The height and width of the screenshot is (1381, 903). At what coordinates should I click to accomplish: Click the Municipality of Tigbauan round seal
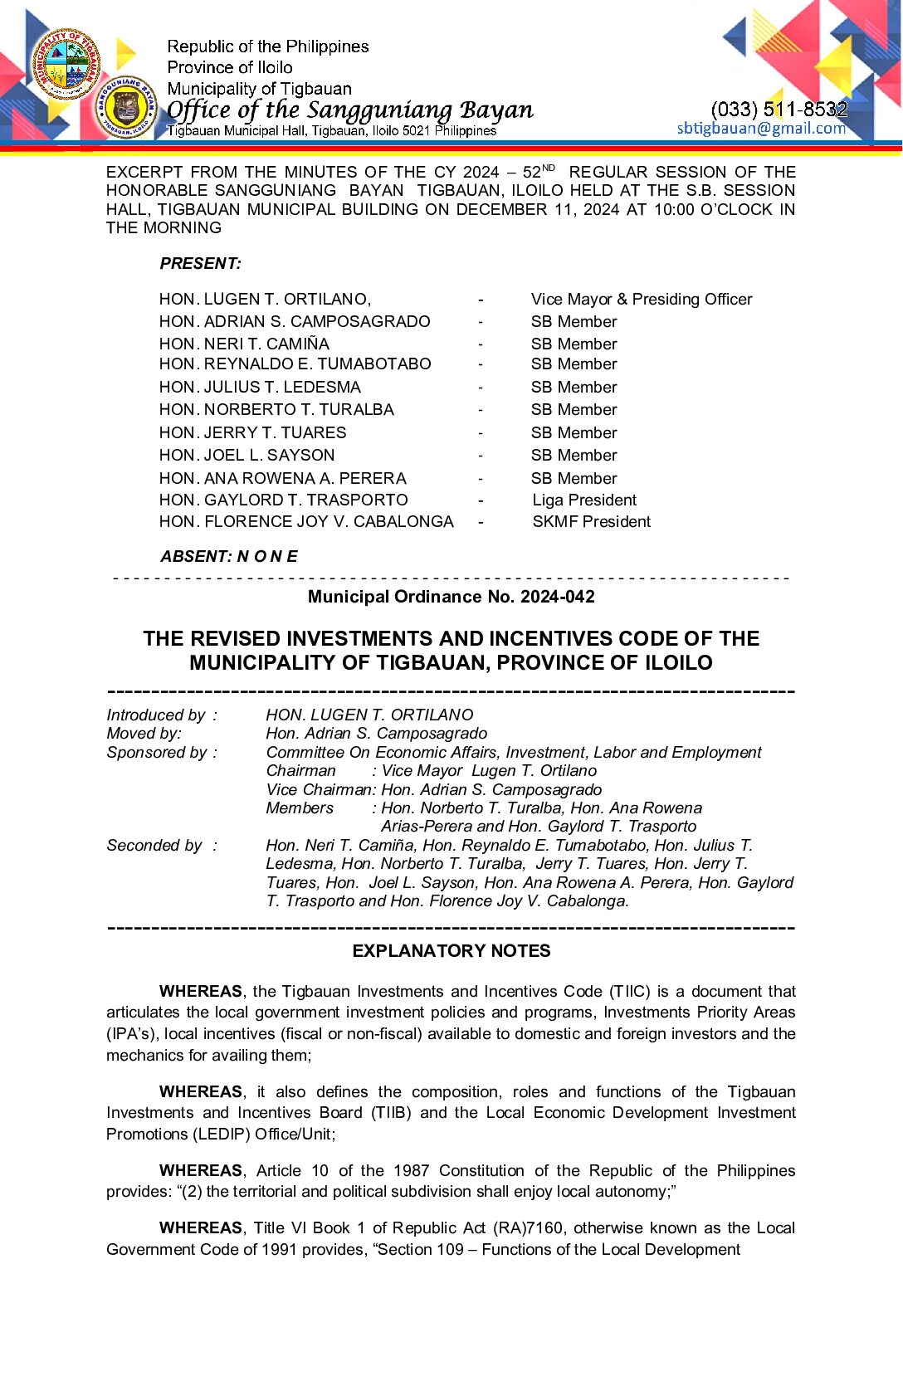[66, 64]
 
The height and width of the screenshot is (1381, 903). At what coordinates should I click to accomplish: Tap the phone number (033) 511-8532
[779, 109]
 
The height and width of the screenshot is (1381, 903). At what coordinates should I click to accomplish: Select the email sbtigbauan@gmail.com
[761, 128]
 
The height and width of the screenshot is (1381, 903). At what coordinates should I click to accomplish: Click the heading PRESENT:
[200, 263]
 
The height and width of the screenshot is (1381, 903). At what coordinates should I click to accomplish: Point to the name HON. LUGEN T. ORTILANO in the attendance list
[265, 299]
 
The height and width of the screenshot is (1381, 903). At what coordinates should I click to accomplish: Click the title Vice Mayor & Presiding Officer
[641, 299]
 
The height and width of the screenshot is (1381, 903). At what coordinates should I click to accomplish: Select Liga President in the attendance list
[584, 500]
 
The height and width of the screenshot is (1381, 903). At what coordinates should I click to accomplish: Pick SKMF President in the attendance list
[591, 521]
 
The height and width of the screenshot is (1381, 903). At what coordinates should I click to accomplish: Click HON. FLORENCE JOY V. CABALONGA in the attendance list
[306, 521]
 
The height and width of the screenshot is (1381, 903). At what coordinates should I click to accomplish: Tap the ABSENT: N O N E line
[228, 556]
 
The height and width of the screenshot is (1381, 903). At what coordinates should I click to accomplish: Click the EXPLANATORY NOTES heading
[451, 951]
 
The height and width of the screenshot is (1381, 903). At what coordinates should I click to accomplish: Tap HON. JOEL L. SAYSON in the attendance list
[246, 455]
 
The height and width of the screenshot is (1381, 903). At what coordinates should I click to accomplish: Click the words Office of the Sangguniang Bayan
[349, 110]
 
